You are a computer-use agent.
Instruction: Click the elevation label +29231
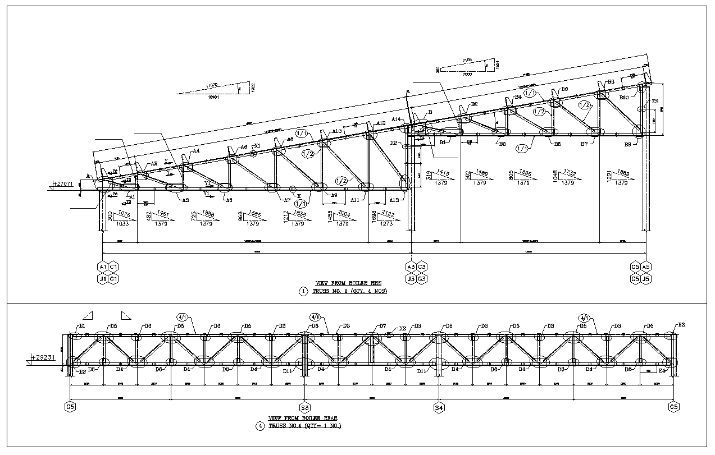click(x=43, y=357)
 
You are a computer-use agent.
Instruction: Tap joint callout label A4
click(x=196, y=151)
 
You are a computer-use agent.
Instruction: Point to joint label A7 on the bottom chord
click(x=286, y=200)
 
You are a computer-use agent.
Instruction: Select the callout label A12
click(x=381, y=123)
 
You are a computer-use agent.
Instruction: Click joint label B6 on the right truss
click(x=564, y=89)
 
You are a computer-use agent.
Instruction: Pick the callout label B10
click(x=624, y=97)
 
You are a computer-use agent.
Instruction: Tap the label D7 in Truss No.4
click(x=382, y=325)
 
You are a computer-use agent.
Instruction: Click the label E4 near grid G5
click(x=662, y=371)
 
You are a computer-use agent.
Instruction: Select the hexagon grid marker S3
click(x=305, y=407)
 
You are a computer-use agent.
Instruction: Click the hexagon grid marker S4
click(x=439, y=407)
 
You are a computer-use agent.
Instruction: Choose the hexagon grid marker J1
click(x=103, y=278)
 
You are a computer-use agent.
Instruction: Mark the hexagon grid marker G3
click(x=422, y=278)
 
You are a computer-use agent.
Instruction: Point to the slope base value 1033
click(x=122, y=224)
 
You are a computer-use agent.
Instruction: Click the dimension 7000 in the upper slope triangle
click(x=464, y=74)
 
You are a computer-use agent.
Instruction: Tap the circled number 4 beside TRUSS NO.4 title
click(x=260, y=426)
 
